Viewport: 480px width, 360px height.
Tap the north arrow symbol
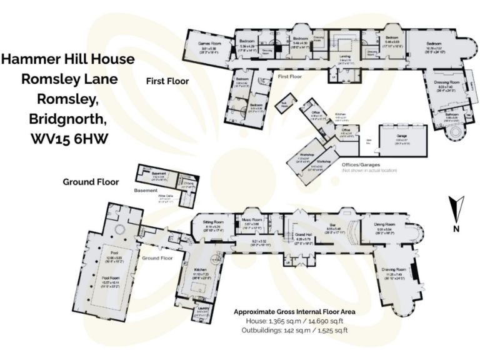click(456, 206)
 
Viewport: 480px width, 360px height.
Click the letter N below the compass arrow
click(456, 229)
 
